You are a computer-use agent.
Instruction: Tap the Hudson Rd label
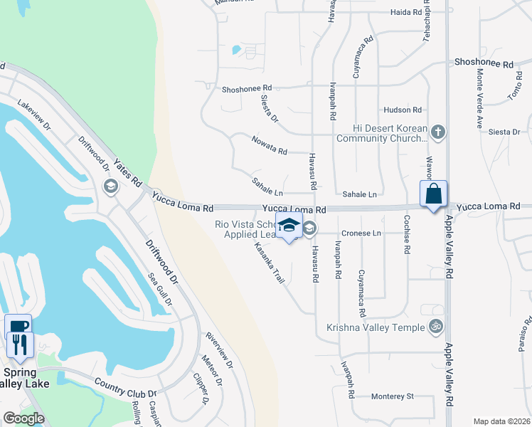(x=403, y=110)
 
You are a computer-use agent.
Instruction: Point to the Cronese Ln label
(x=361, y=233)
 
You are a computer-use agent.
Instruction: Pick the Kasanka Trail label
(x=270, y=263)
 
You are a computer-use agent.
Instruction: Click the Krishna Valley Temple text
(x=375, y=327)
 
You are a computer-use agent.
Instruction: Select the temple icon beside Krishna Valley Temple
(x=436, y=327)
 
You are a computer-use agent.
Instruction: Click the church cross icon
(x=438, y=132)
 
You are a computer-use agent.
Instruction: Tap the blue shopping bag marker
(x=434, y=194)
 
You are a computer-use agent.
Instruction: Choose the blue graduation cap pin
(x=289, y=226)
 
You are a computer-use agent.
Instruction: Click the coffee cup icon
(x=18, y=326)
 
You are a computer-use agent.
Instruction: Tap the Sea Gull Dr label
(x=159, y=289)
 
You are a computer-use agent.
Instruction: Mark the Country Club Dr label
(x=125, y=388)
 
